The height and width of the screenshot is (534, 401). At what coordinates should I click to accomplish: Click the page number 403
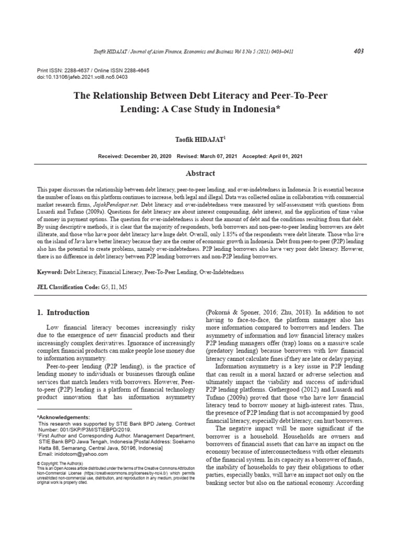pyautogui.click(x=358, y=51)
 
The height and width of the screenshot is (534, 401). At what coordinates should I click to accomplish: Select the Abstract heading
pyautogui.click(x=200, y=173)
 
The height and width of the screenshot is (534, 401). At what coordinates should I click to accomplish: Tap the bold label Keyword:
pyautogui.click(x=49, y=272)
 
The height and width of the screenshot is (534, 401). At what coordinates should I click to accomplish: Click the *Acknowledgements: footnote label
pyautogui.click(x=63, y=417)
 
